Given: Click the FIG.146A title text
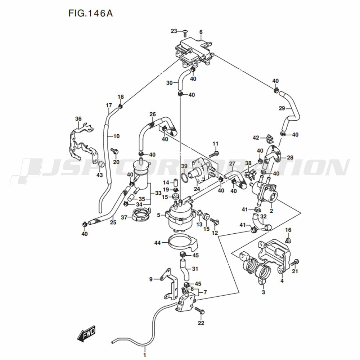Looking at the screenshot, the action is click(x=90, y=13).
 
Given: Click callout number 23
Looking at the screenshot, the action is click(x=174, y=31).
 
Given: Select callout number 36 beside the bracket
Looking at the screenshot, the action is click(x=78, y=119).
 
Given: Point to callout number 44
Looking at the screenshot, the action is click(x=158, y=242).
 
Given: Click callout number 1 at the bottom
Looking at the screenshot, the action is click(x=145, y=355).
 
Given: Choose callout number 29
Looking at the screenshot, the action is click(x=282, y=108).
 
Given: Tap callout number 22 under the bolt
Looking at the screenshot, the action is click(x=201, y=323).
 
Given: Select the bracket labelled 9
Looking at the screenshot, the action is click(x=170, y=284).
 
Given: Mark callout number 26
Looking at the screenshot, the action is click(x=152, y=114).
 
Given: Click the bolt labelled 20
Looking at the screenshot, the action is click(x=114, y=151).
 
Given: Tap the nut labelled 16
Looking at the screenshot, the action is click(x=288, y=240).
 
